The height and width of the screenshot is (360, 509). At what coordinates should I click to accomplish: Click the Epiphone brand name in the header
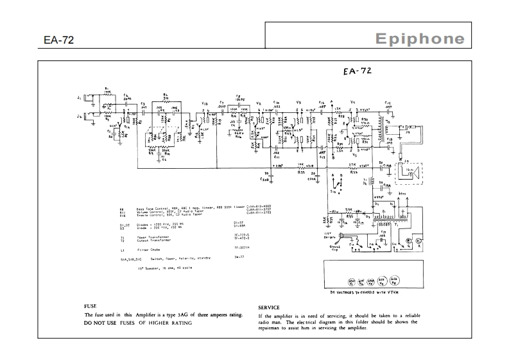point(420,39)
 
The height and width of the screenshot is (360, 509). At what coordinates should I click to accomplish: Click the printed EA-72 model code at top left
point(59,40)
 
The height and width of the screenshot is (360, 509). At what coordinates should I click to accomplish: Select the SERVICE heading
point(273,307)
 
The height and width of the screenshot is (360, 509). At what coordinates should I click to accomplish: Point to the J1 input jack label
point(78,97)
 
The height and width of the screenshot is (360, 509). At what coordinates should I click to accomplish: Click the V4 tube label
point(352,102)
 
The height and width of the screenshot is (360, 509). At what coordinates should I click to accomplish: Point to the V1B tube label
point(204,103)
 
